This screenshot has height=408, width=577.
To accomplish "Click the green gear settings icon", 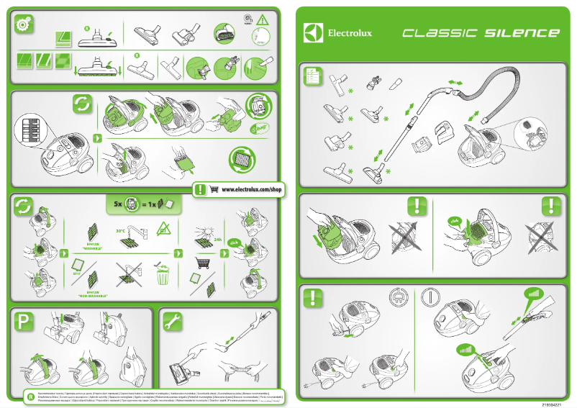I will (x=24, y=24).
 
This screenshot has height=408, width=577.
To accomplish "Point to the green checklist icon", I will (x=312, y=76).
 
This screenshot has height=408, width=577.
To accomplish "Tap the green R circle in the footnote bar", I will (x=29, y=396).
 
